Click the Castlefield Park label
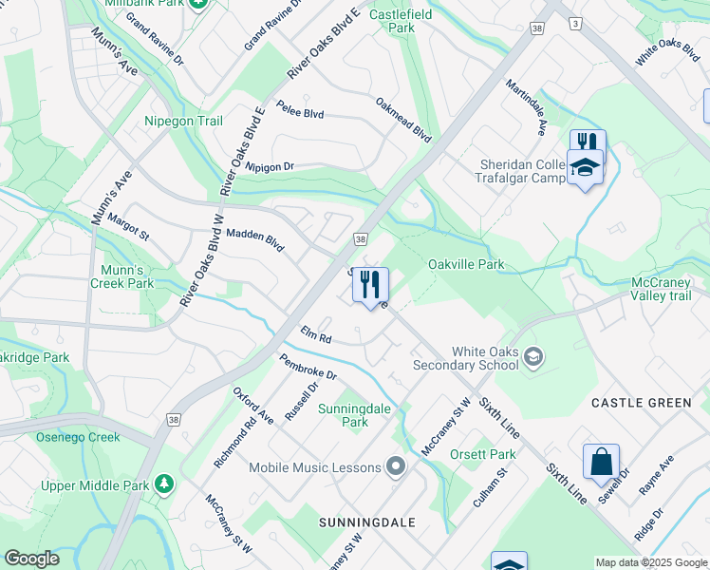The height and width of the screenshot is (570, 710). tap(401, 21)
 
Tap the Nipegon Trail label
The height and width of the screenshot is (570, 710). tap(183, 122)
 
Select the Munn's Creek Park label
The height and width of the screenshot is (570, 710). tap(121, 276)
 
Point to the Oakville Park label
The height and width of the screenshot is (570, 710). tap(465, 264)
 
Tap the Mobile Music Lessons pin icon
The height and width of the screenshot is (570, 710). tap(397, 466)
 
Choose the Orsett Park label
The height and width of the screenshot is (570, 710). tap(483, 454)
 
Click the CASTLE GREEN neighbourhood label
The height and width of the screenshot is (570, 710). tap(642, 403)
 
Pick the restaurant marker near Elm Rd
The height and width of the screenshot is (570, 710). tap(370, 284)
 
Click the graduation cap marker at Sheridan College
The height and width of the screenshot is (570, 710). tap(585, 167)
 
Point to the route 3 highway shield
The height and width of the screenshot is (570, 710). tap(574, 22)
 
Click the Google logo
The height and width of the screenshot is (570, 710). tap(31, 559)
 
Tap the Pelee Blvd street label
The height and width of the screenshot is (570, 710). tap(300, 111)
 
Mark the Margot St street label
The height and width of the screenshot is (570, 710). tap(128, 226)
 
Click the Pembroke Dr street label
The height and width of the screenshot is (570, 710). tap(308, 367)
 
